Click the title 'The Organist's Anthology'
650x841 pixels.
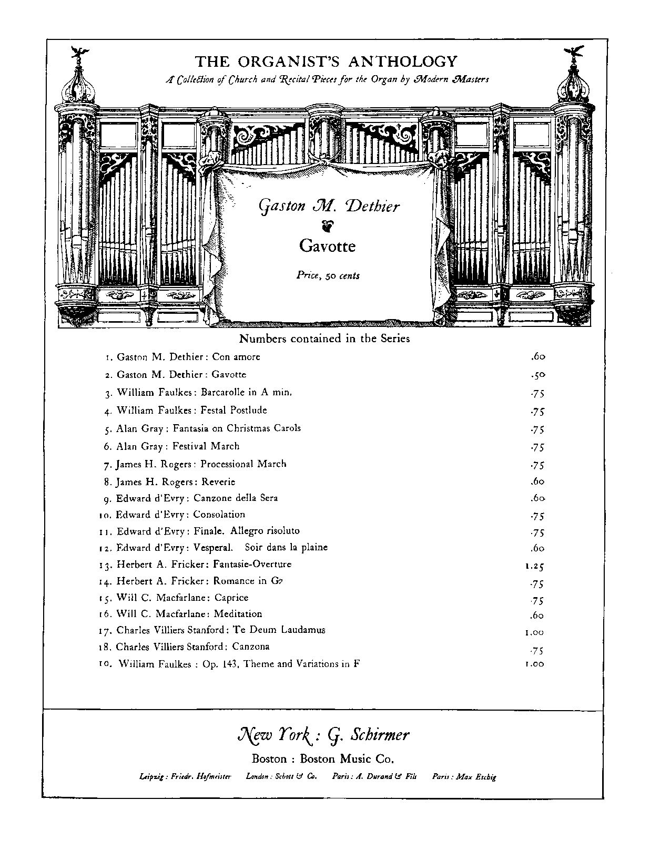click(326, 61)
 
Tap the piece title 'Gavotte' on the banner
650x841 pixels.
click(327, 246)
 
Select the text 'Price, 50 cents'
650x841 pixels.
click(328, 275)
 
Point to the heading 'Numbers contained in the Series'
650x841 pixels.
click(324, 339)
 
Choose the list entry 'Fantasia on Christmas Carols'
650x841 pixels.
click(237, 428)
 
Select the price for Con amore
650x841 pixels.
click(537, 357)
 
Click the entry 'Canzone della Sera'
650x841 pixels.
click(235, 498)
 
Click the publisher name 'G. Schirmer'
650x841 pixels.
click(368, 735)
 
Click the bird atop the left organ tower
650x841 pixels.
click(80, 50)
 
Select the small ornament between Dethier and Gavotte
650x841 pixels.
click(327, 225)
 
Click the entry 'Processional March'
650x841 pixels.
click(243, 464)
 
